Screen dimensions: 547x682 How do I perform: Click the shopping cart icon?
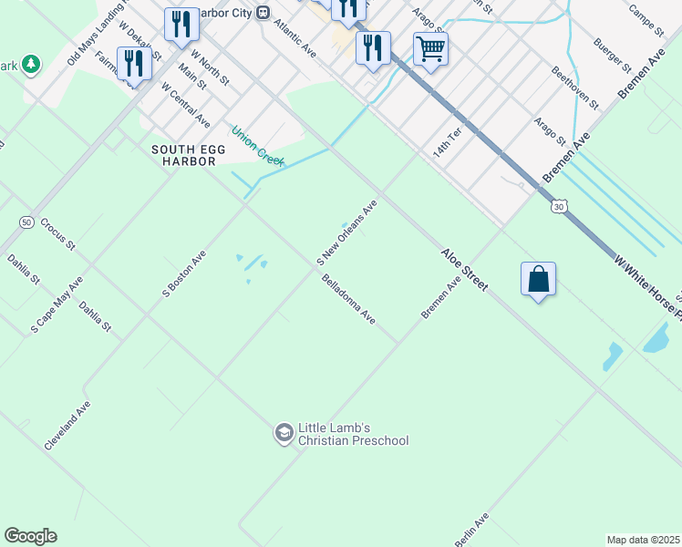[x=430, y=48]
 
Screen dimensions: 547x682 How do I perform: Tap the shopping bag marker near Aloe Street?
[x=538, y=279]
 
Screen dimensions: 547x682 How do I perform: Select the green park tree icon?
[x=32, y=64]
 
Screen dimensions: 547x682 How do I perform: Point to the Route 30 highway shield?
[x=557, y=207]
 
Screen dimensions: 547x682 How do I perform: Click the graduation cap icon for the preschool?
[x=284, y=433]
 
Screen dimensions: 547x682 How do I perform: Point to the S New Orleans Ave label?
[x=346, y=234]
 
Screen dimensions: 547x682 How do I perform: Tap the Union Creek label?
[x=258, y=145]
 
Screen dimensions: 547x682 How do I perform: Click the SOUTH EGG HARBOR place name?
[x=183, y=155]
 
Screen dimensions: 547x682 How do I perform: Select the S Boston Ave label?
[x=184, y=274]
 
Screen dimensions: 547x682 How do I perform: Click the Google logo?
[x=30, y=536]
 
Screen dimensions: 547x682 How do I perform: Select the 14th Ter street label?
[x=448, y=143]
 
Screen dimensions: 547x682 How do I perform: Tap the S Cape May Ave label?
[x=57, y=303]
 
